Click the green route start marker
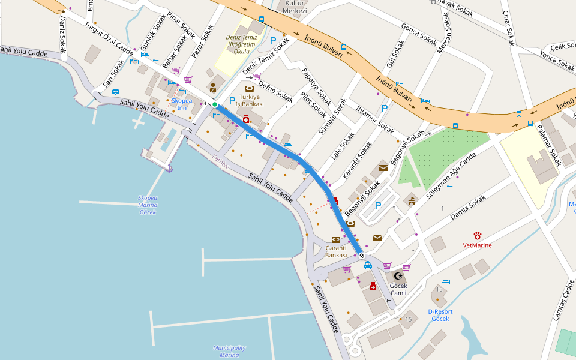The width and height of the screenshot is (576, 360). coord(215,104)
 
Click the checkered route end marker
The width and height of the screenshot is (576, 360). coord(362,256)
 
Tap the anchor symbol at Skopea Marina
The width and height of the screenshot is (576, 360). coord(169,169)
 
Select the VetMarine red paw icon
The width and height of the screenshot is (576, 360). coord(478,236)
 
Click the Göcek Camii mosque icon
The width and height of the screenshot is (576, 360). coord(398,276)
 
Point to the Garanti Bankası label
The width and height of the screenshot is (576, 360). coord(336,251)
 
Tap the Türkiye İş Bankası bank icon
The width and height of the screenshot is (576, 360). coord(250,88)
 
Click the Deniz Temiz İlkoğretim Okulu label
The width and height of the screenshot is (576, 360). coord(241,44)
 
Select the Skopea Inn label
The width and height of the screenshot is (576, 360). coord(182,104)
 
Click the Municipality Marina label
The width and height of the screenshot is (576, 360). coord(229,351)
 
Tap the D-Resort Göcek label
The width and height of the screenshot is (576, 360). coord(440,315)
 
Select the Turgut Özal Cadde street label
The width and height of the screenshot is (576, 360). coord(109,37)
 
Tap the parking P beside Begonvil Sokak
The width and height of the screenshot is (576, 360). coord(378,206)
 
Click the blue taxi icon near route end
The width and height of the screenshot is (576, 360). coord(368,265)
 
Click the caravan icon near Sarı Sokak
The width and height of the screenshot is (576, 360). coord(115,92)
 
